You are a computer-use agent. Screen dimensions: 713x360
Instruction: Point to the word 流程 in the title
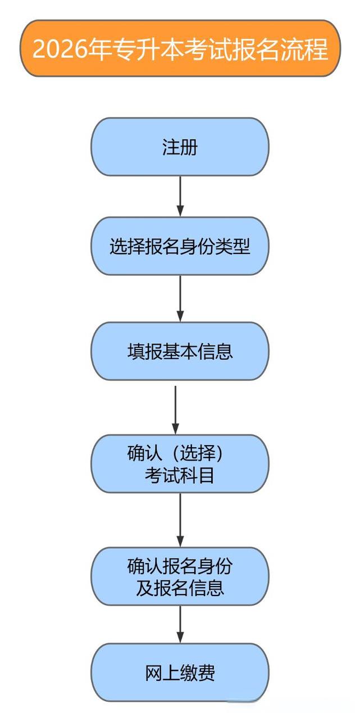click(308, 49)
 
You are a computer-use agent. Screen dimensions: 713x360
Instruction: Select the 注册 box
click(180, 147)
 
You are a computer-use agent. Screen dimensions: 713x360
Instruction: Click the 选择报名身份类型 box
click(180, 246)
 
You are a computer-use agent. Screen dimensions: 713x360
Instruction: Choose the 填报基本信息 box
click(180, 351)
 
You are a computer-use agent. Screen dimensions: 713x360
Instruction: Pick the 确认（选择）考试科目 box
click(180, 464)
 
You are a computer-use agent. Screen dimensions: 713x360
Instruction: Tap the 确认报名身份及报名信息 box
click(180, 576)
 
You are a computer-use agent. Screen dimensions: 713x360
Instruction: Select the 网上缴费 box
click(180, 672)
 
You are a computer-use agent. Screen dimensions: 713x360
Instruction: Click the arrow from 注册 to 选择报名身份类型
click(180, 196)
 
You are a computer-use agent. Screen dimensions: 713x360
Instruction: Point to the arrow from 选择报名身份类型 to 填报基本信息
click(180, 298)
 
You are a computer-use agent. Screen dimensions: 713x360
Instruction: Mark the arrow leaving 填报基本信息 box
click(175, 409)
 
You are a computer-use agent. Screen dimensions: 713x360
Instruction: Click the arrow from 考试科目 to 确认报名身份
click(180, 520)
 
